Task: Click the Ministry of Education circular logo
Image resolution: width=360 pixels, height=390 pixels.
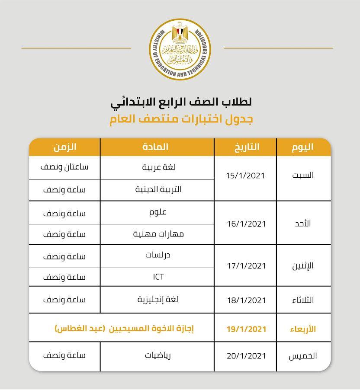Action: coord(180,49)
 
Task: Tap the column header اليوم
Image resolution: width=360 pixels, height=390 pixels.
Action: coord(302,147)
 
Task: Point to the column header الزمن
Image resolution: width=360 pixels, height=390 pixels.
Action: coord(65,147)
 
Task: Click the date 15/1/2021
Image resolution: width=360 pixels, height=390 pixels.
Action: coord(245,176)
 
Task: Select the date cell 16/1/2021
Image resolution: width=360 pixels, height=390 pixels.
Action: coord(245,224)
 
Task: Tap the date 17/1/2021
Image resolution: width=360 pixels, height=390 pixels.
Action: coord(245,265)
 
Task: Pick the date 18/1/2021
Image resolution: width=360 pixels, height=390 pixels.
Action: coord(245,300)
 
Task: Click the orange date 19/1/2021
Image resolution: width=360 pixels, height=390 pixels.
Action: coord(246,329)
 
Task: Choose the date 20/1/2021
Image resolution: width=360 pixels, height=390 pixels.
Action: coord(245,356)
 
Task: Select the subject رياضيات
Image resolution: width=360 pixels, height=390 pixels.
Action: coord(158,355)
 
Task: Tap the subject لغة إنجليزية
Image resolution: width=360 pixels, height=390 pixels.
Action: coord(158,300)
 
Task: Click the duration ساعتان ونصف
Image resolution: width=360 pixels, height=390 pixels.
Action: coord(65,167)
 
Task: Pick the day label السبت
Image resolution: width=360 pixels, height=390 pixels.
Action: coord(303,176)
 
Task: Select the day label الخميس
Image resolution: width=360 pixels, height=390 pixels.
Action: coord(303,356)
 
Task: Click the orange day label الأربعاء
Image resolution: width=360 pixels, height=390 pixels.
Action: coord(302,329)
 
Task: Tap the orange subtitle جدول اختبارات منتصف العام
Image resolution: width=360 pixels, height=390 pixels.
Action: coord(180,120)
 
